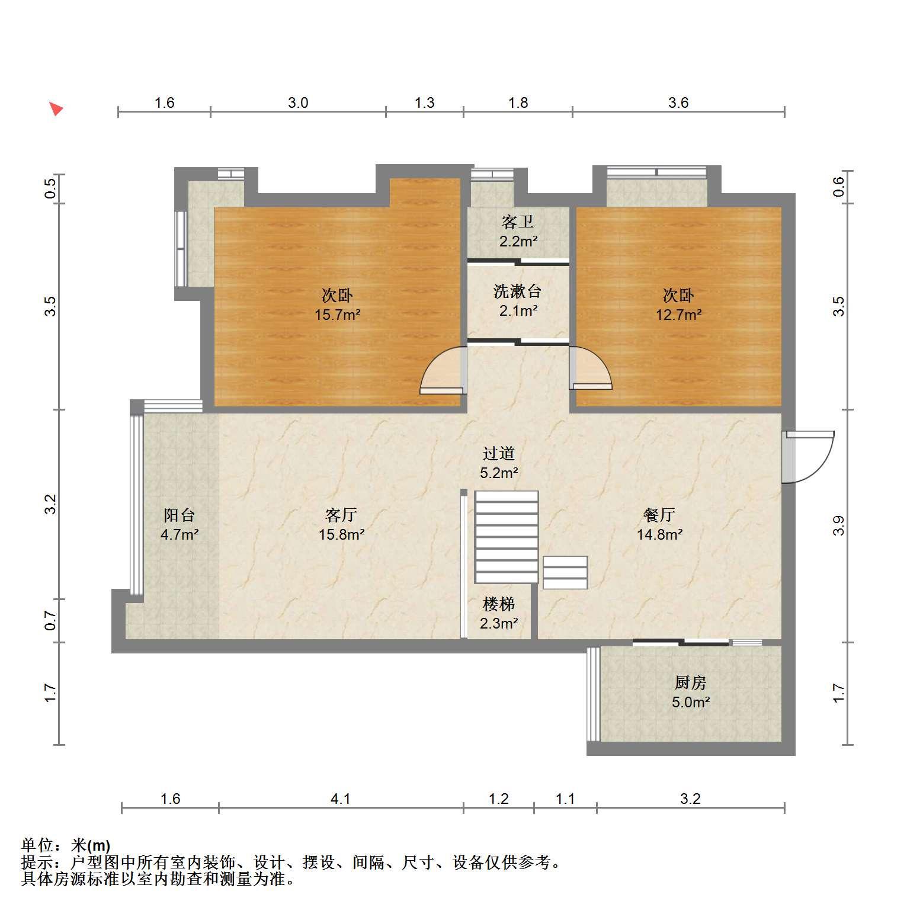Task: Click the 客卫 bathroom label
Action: [518, 222]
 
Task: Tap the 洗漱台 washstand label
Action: [518, 291]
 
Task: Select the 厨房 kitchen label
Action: [690, 683]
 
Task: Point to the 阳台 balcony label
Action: [179, 515]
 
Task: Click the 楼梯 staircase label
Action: [499, 604]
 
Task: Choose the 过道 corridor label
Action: [499, 454]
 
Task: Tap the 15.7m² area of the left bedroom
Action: [338, 315]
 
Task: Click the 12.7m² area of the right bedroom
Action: [678, 315]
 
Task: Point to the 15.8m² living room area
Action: [342, 534]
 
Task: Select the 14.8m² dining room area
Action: [659, 534]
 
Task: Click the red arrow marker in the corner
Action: [56, 108]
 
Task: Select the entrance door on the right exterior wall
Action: [808, 457]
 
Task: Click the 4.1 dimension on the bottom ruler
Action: [341, 799]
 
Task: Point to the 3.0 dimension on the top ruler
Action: [298, 103]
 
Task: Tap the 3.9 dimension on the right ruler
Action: [838, 525]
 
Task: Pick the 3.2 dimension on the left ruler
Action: [51, 504]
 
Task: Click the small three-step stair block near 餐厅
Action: [565, 572]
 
